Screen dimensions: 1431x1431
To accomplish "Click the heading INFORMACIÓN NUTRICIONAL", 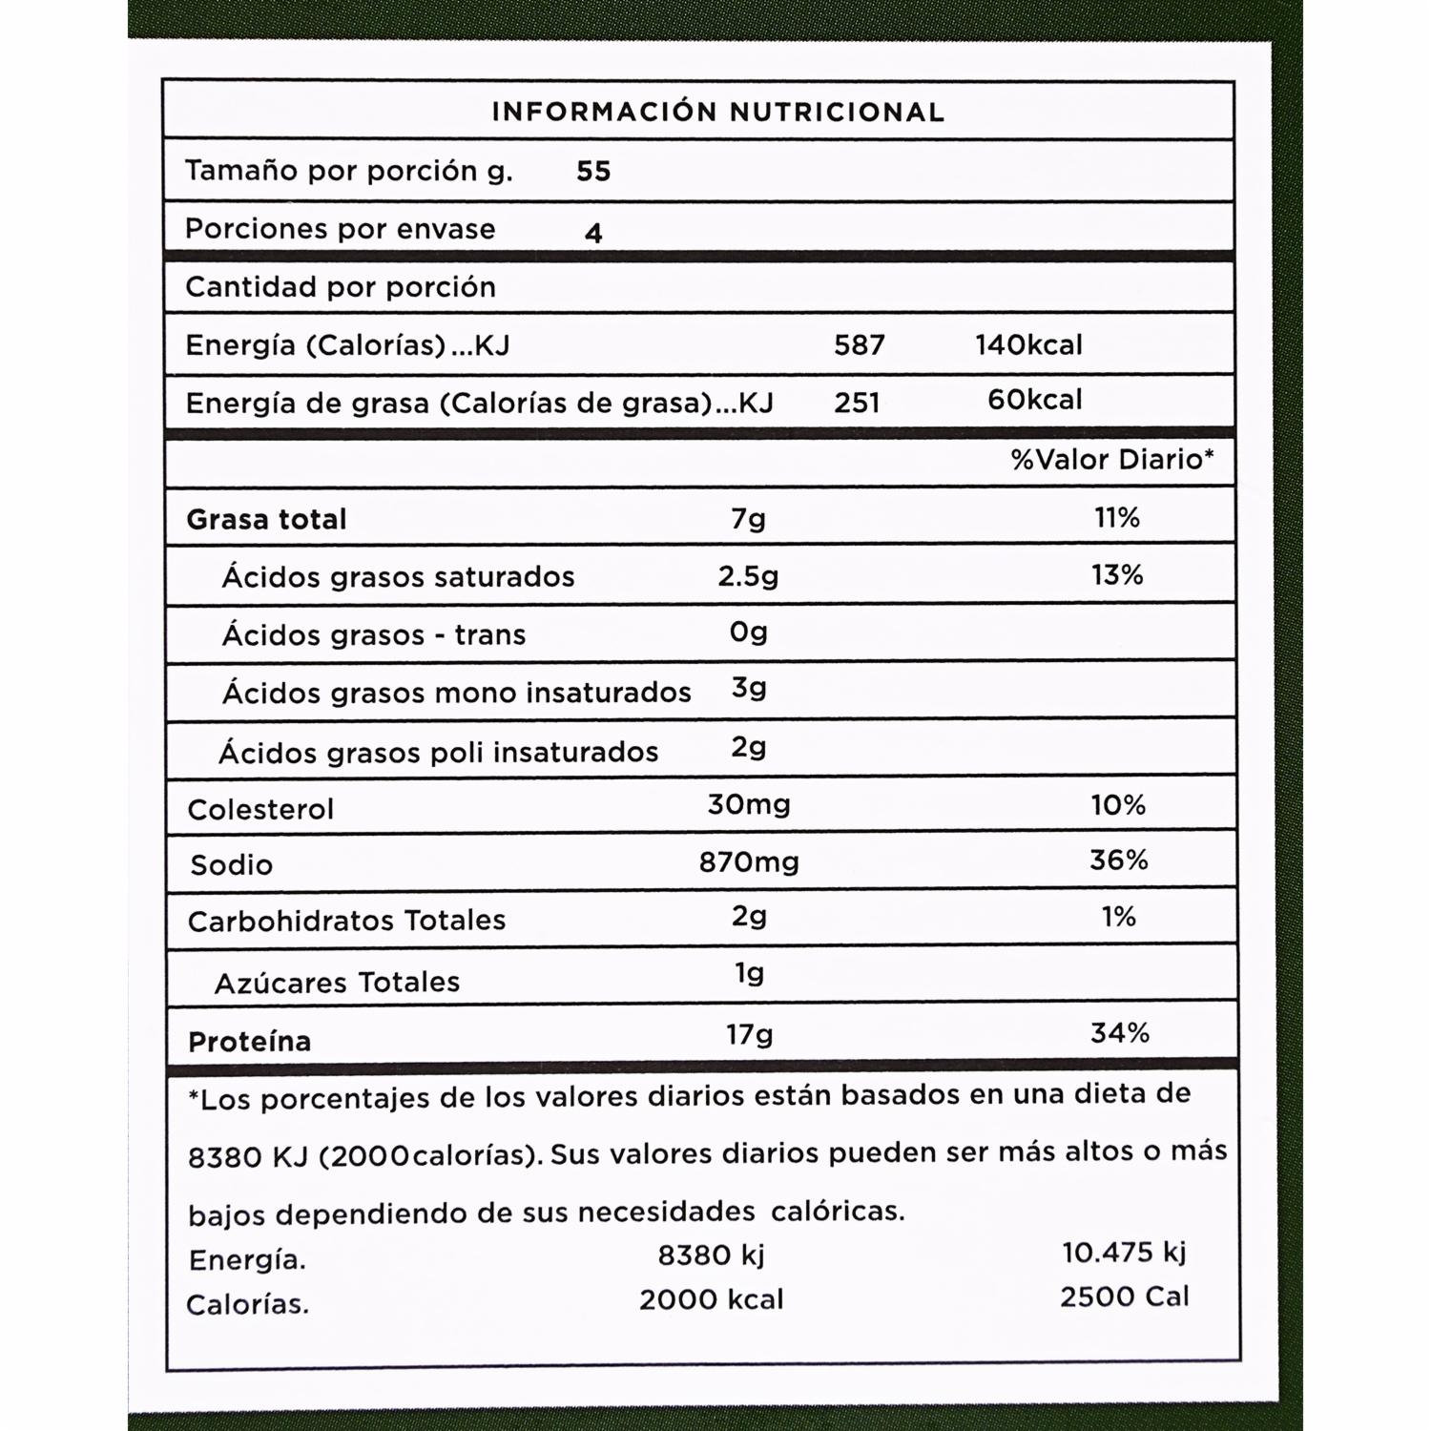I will (x=717, y=113).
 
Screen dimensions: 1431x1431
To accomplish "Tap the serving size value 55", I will (x=593, y=172).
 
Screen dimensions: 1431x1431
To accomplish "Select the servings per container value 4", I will (x=593, y=233).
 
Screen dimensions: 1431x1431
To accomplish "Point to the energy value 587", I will (x=859, y=345).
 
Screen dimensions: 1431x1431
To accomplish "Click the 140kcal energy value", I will (x=1028, y=345).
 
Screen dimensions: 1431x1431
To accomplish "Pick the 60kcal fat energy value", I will (x=1034, y=400).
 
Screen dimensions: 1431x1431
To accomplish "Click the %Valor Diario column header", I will (x=1112, y=460).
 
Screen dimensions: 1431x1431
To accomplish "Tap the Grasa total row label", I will (x=266, y=520).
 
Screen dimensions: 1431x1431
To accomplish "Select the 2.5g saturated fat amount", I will (x=748, y=576).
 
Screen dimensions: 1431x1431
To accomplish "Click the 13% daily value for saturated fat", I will (x=1117, y=575).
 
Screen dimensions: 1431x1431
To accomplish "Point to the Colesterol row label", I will (x=260, y=810).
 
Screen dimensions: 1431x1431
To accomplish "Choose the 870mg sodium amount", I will (x=749, y=862).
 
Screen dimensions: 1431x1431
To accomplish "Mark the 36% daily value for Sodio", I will (x=1118, y=861).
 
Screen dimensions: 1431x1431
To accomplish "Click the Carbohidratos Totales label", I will (x=346, y=922).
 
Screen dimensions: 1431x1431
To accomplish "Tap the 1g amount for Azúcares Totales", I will (x=750, y=974).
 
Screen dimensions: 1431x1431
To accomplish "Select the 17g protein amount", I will (x=749, y=1034).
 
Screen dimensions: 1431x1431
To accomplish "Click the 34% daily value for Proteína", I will (x=1119, y=1033).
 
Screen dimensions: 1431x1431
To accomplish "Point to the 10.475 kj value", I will (x=1124, y=1253).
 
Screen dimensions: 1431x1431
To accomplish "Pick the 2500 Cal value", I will (x=1124, y=1297).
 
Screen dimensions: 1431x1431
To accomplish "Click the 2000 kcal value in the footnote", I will (x=711, y=1299).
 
